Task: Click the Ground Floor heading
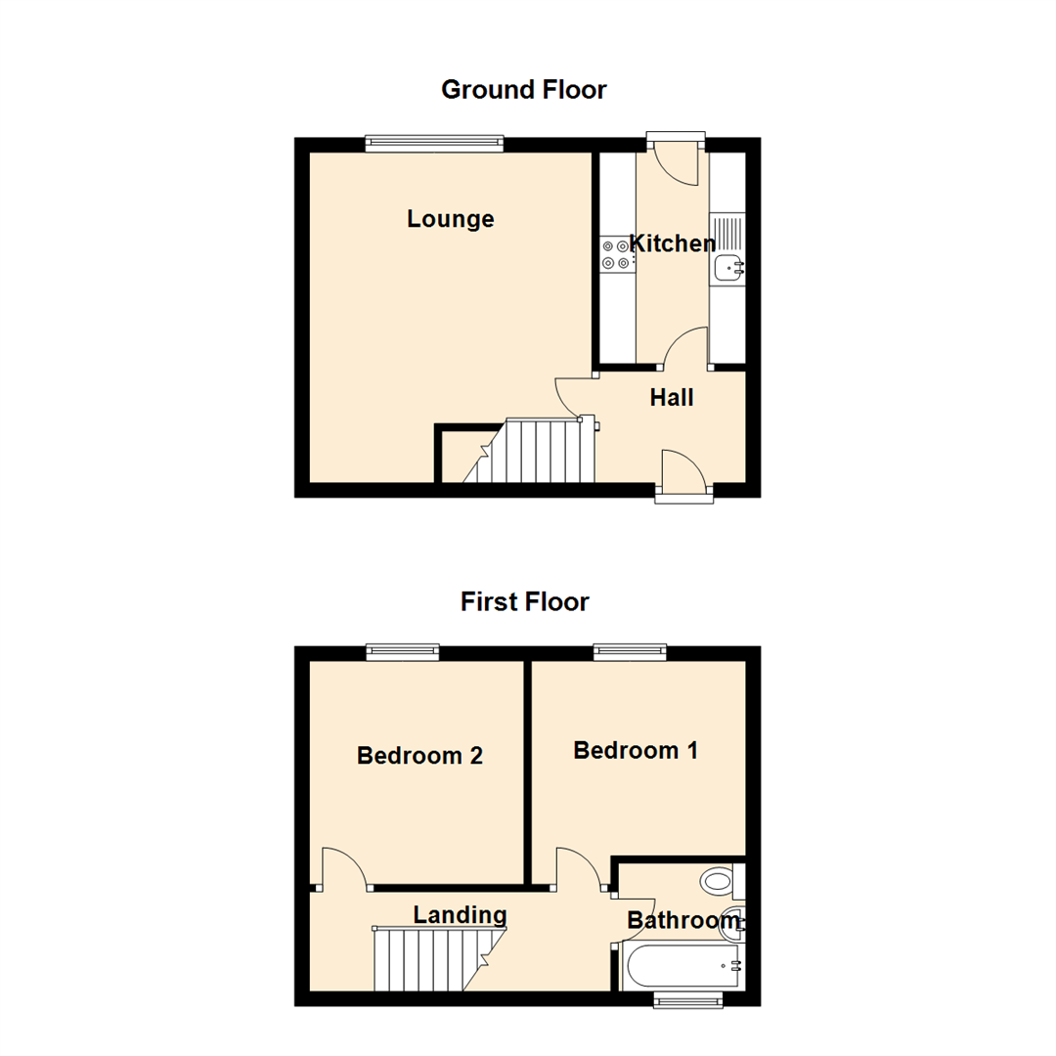tap(524, 90)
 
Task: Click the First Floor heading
tap(525, 601)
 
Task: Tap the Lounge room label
tap(451, 219)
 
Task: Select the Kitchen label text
tap(673, 242)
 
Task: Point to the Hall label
tap(672, 397)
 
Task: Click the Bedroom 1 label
tap(636, 750)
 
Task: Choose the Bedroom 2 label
tap(419, 755)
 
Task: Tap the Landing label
tap(460, 915)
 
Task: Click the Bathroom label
tap(682, 920)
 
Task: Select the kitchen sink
tap(728, 266)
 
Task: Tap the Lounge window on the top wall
tap(435, 144)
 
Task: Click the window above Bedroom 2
tap(403, 652)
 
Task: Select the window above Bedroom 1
tap(631, 652)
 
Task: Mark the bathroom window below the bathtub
tap(688, 998)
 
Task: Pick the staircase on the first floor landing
tap(430, 958)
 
